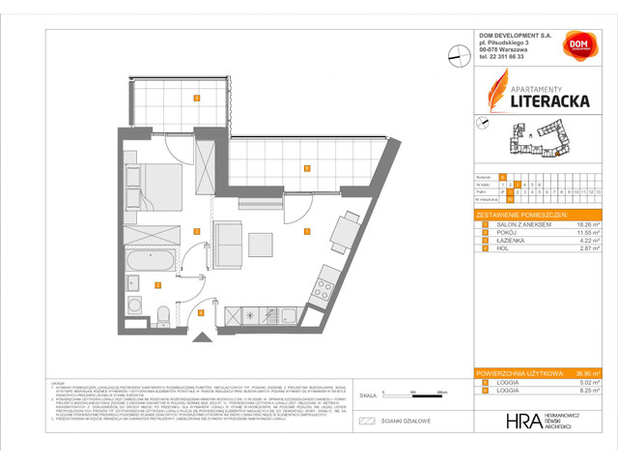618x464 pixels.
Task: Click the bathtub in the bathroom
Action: coord(151,260)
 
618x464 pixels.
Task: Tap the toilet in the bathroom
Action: coord(164,313)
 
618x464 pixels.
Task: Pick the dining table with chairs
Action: coord(346,232)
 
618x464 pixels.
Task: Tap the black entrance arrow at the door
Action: coord(202,336)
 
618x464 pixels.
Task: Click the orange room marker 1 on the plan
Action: coord(306,232)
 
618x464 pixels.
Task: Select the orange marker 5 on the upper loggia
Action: coord(196,98)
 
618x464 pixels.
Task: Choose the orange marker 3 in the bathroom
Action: coord(157,284)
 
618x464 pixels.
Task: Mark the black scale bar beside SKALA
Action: coord(395,396)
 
